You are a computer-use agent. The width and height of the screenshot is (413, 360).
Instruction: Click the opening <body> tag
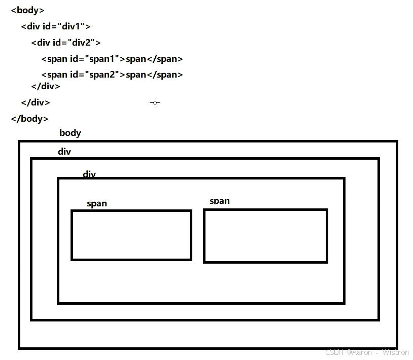coord(27,10)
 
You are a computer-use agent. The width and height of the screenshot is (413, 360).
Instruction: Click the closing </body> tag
coord(29,119)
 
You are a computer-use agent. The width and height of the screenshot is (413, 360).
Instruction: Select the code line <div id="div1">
coord(56,26)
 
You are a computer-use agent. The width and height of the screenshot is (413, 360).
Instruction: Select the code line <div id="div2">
coord(66,43)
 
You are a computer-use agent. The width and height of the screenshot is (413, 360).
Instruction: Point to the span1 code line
coord(112,59)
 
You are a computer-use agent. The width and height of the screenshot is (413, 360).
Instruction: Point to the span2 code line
coord(112,75)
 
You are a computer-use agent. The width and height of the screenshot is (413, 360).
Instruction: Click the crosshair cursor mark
coord(155,102)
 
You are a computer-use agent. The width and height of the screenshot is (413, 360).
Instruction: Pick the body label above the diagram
coord(70,133)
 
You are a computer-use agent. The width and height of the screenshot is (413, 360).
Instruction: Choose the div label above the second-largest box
coord(64,152)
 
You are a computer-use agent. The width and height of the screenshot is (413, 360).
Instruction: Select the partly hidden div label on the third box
coord(89,174)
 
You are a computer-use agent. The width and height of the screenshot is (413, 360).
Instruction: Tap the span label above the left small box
coord(96,203)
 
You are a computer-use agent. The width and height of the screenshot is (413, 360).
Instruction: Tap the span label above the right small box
coord(219,201)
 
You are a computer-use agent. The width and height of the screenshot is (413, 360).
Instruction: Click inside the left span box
coord(131,235)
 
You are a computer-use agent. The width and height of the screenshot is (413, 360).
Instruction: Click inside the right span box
coord(265,236)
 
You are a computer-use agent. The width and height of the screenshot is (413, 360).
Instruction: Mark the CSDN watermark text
coord(366,352)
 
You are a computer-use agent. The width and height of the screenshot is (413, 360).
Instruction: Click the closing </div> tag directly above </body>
coord(36,102)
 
